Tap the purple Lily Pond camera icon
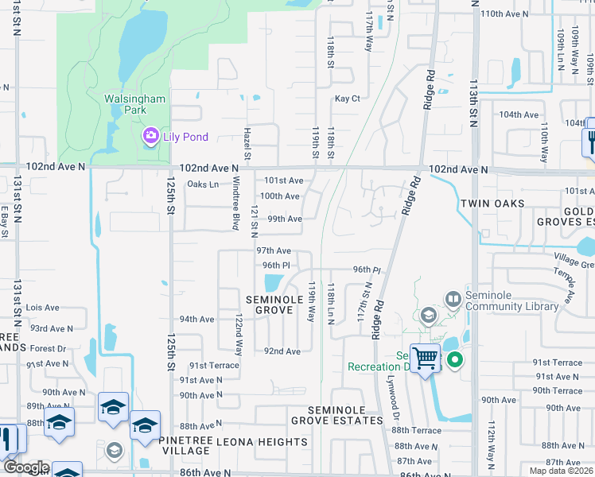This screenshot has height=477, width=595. (x=150, y=137)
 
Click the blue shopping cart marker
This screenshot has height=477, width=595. (x=426, y=359)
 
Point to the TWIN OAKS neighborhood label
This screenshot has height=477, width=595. (x=492, y=204)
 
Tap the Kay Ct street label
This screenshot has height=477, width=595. (x=347, y=99)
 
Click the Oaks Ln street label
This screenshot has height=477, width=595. (x=202, y=184)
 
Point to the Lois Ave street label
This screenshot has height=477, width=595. (x=43, y=307)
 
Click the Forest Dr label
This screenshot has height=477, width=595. (x=49, y=348)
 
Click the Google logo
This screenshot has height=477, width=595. (x=25, y=467)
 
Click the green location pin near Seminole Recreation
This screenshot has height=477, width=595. (x=455, y=360)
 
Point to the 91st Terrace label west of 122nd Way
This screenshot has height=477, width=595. (x=213, y=365)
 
